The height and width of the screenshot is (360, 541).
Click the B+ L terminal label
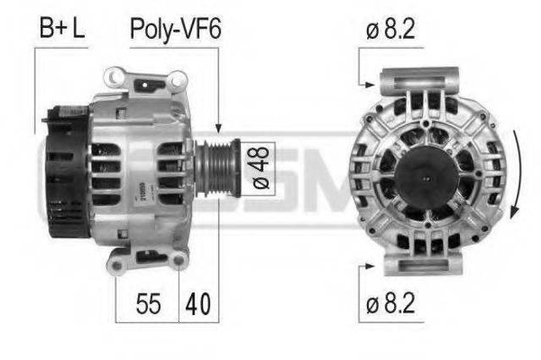[63, 28]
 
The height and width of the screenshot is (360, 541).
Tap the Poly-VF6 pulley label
[175, 30]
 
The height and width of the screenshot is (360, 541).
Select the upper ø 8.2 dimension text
[391, 29]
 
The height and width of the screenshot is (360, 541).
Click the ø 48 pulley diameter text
[261, 168]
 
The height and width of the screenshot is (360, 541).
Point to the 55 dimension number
[149, 303]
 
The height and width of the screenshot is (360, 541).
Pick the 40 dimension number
[198, 303]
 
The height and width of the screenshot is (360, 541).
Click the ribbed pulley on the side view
[218, 168]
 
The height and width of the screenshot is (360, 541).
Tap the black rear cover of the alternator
[68, 172]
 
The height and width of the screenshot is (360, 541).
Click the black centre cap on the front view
[427, 178]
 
